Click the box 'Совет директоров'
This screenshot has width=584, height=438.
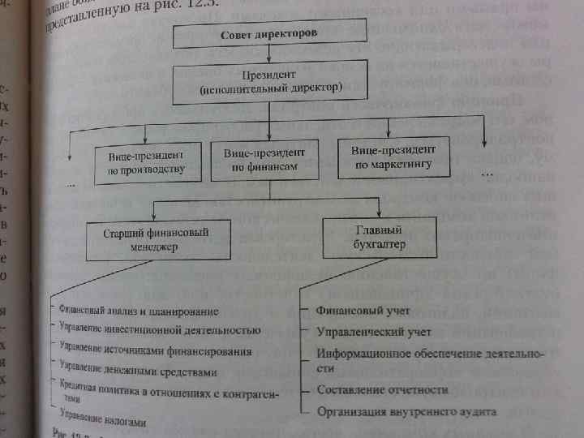(269, 36)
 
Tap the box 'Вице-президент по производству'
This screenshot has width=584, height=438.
(146, 162)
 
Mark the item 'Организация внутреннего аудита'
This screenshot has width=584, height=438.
(406, 411)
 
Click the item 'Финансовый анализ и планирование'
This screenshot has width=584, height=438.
(139, 311)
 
